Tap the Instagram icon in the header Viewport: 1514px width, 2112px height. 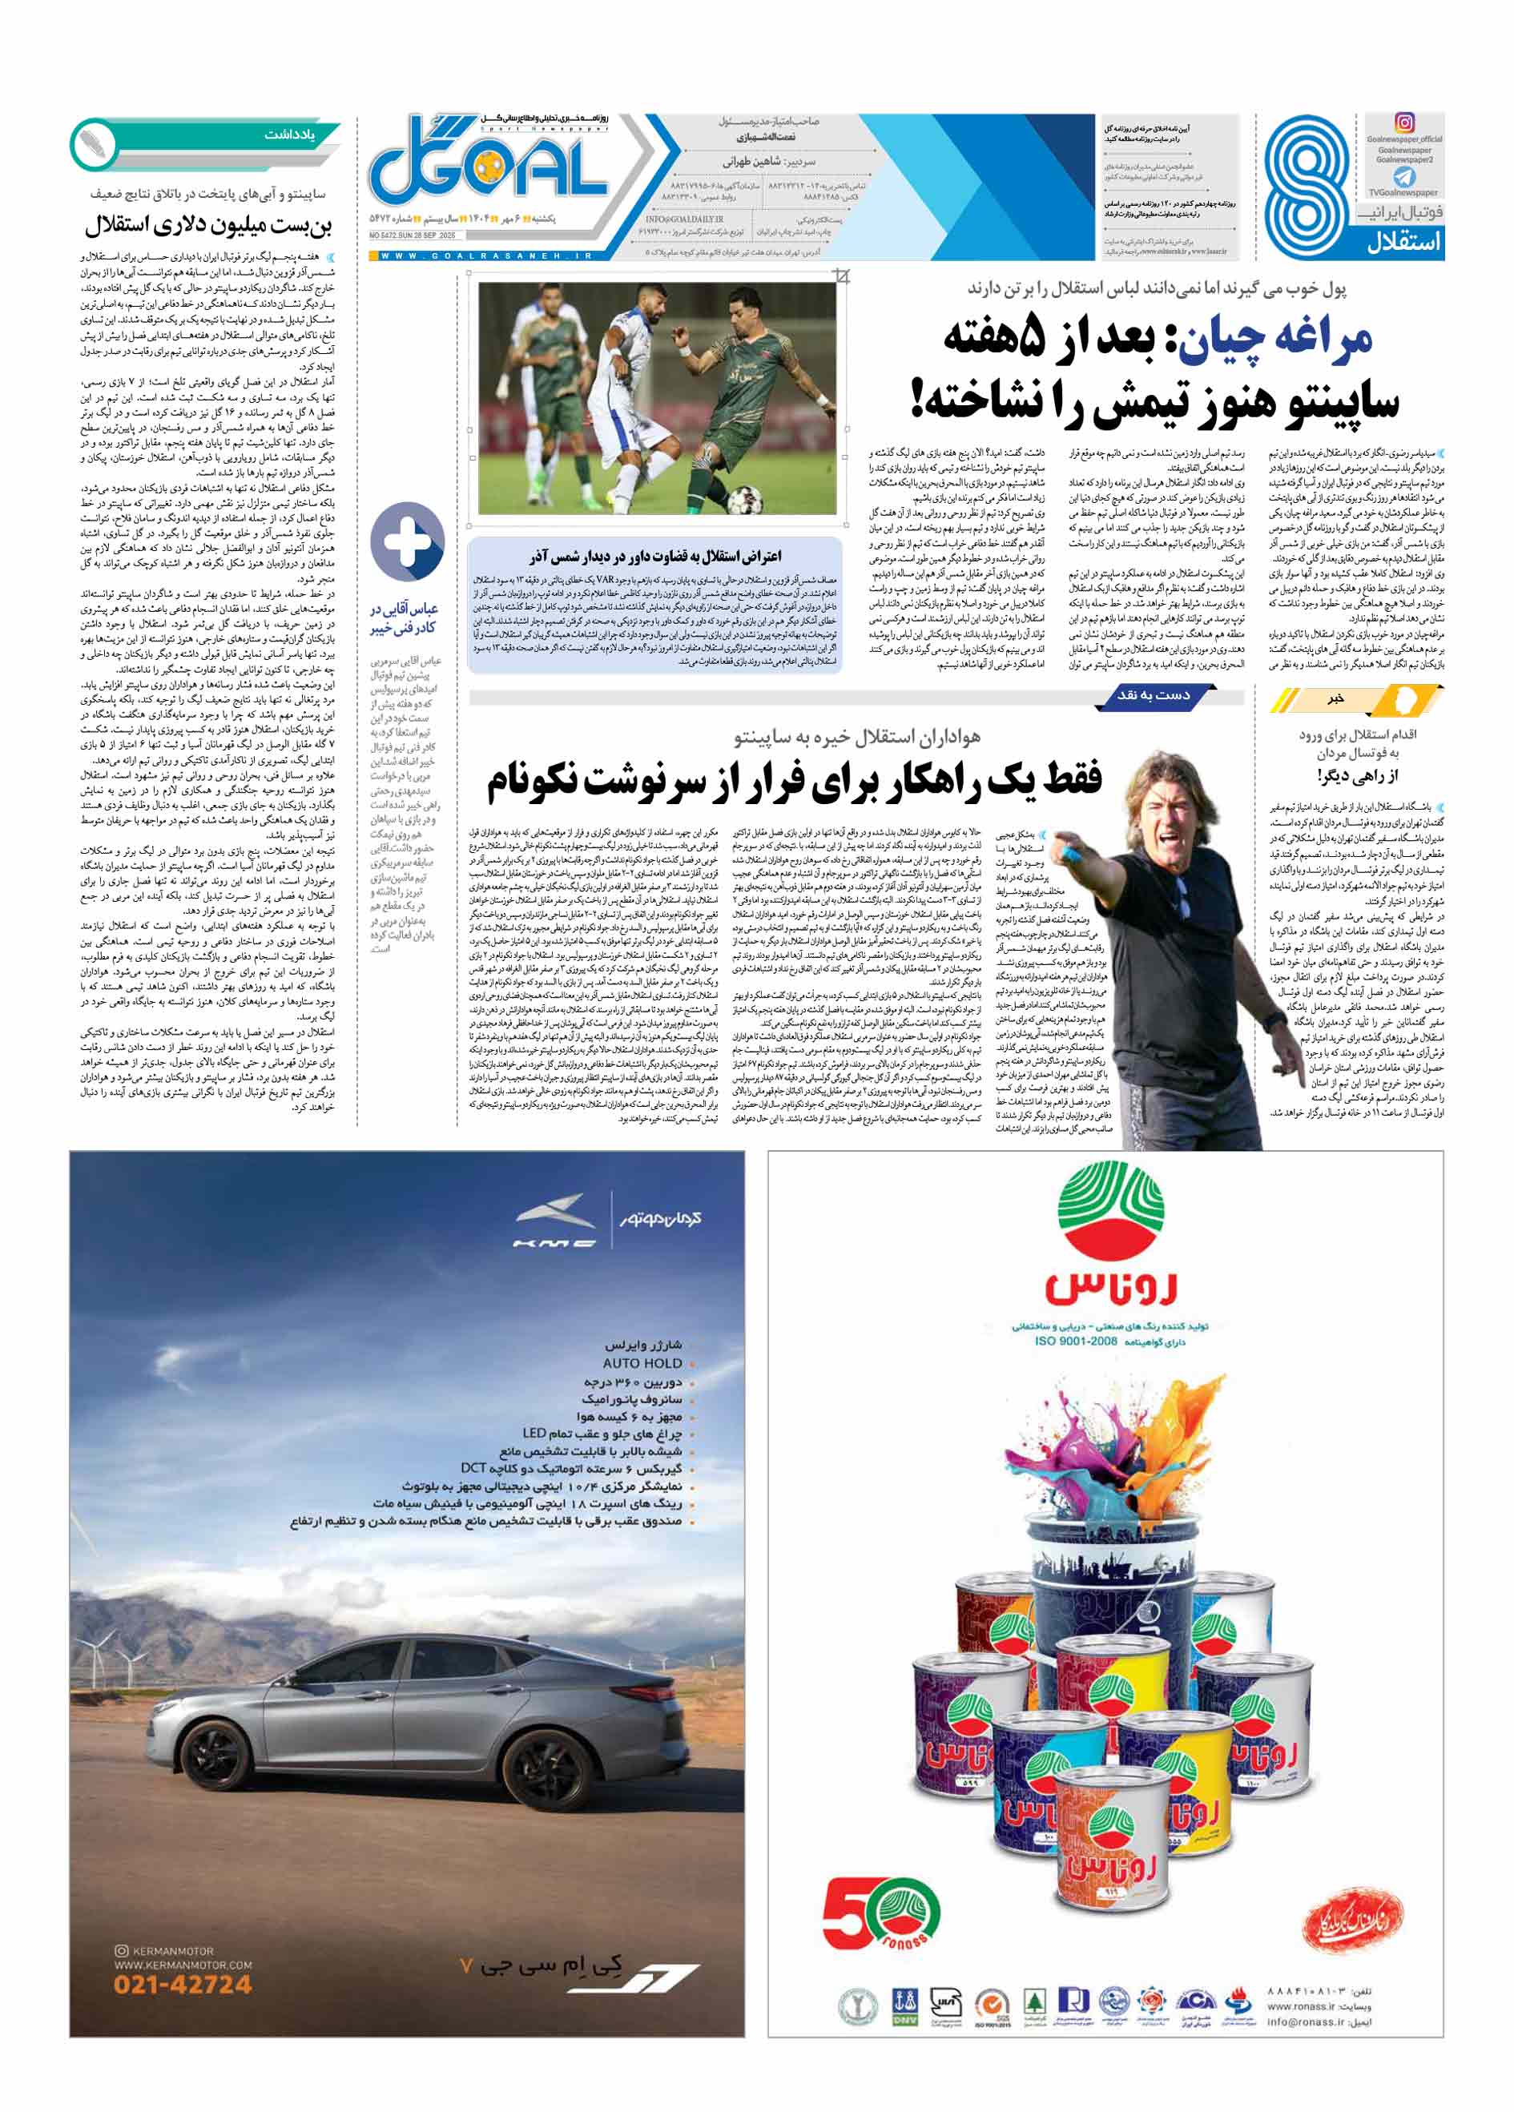coord(1404,122)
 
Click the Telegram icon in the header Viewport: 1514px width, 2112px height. coord(1404,175)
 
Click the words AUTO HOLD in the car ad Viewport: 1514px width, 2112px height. coord(642,1362)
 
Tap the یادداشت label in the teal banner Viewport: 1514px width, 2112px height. coord(289,135)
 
